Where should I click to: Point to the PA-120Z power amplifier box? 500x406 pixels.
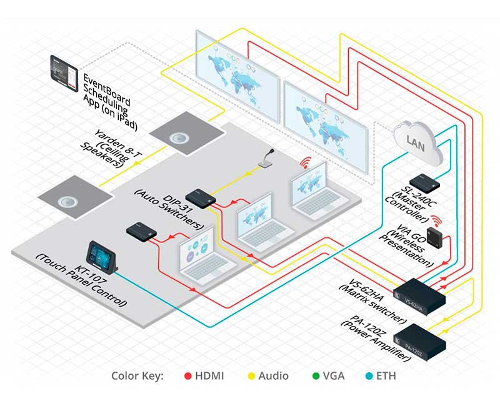pos(421,340)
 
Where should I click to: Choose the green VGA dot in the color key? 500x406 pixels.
pos(316,377)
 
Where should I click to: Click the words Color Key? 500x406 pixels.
pos(137,377)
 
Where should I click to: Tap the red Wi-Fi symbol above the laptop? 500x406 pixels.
pos(306,164)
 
